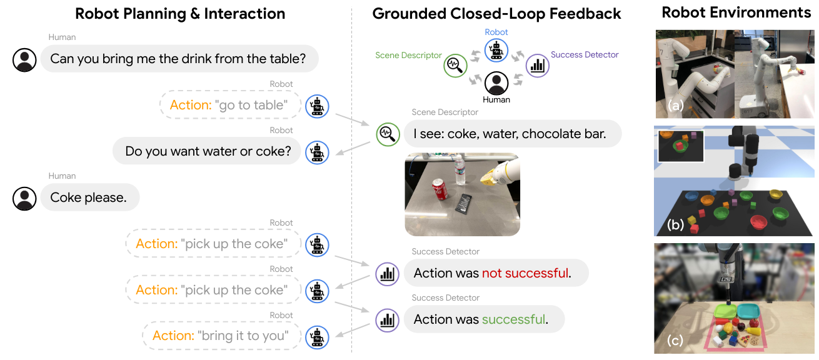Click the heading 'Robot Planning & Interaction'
tap(180, 13)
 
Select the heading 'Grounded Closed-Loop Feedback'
tap(496, 13)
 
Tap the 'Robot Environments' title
tap(736, 12)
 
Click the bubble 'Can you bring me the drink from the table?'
tap(179, 59)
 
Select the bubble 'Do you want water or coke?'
tap(208, 151)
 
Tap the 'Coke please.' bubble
tap(89, 197)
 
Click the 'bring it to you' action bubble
tap(221, 336)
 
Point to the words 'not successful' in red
tap(525, 273)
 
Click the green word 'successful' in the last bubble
tap(513, 319)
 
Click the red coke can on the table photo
tap(440, 189)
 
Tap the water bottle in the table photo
tap(460, 171)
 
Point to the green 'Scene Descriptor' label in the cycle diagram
tap(408, 56)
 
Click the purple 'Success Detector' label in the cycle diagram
tap(585, 55)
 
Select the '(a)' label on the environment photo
tap(673, 106)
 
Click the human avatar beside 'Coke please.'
tap(25, 198)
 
